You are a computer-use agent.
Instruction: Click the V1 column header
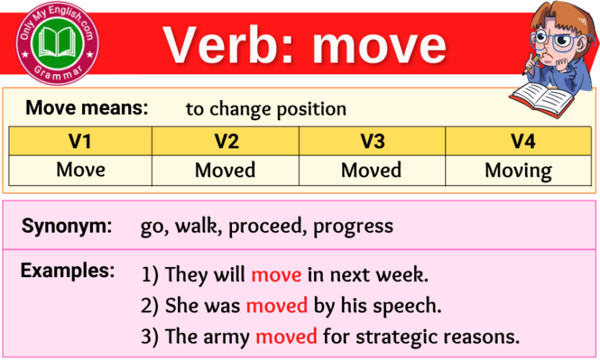[80, 141]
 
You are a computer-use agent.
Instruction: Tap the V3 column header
[372, 141]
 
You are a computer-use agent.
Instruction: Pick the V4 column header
[518, 141]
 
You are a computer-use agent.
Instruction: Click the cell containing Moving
[518, 170]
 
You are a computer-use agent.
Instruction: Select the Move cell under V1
[80, 169]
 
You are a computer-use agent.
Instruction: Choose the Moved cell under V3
[372, 169]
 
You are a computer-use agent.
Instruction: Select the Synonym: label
[67, 226]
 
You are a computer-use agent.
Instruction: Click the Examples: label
[67, 271]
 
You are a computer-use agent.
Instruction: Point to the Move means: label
[87, 109]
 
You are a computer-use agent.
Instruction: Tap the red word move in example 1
[275, 275]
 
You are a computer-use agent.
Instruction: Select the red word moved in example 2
[277, 306]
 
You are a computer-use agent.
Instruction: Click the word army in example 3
[226, 338]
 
